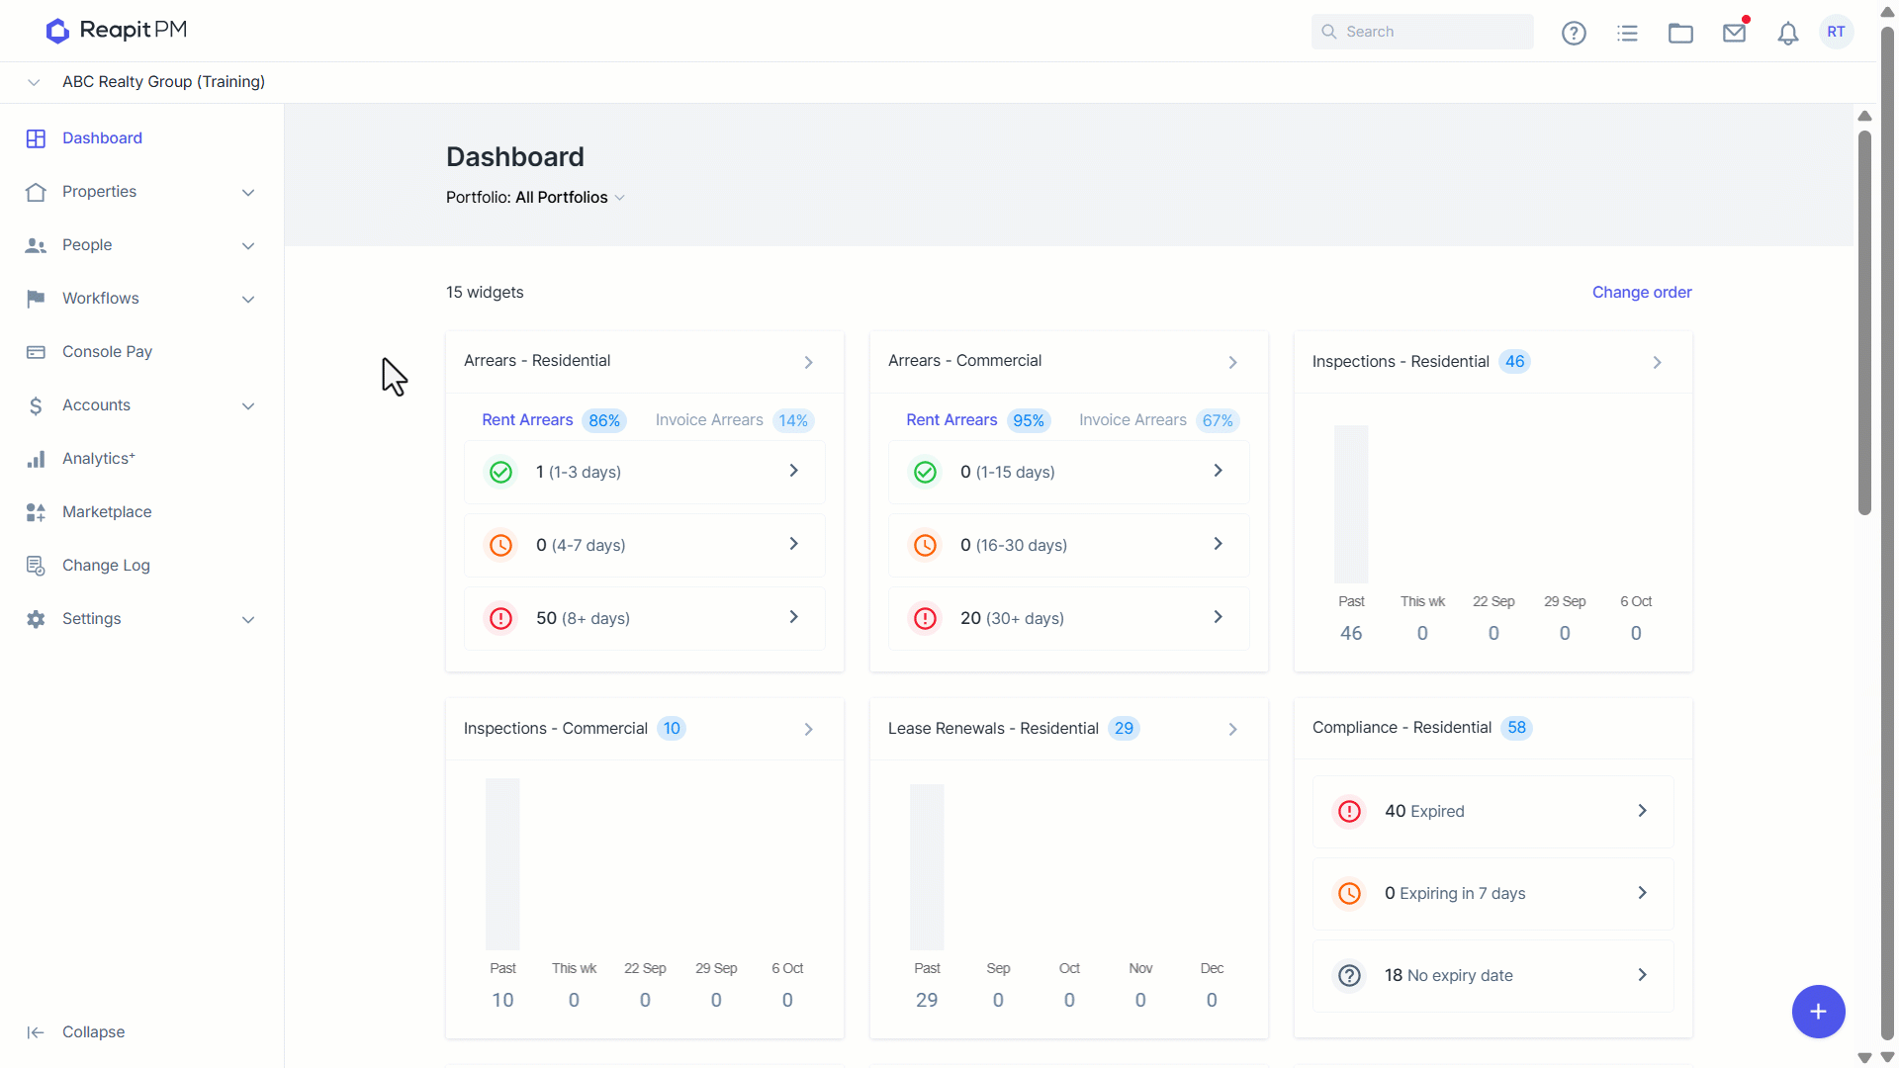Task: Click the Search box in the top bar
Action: (x=1422, y=32)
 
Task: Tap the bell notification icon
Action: (x=1787, y=34)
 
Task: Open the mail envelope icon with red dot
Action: (x=1735, y=32)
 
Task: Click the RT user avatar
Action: (x=1836, y=32)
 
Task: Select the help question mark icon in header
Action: (x=1574, y=34)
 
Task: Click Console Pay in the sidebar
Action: (x=107, y=352)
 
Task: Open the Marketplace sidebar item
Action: (x=107, y=512)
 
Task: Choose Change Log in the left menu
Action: (x=106, y=566)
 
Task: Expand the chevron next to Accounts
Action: (x=248, y=406)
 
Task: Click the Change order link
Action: (x=1642, y=293)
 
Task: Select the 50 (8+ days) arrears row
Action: (x=645, y=618)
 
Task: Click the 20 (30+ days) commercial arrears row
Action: (x=1069, y=618)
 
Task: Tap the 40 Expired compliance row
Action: (x=1493, y=812)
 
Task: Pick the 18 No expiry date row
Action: (x=1493, y=976)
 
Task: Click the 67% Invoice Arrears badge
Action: (x=1218, y=421)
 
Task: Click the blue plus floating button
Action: (x=1818, y=1012)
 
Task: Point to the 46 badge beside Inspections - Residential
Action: (x=1514, y=362)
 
